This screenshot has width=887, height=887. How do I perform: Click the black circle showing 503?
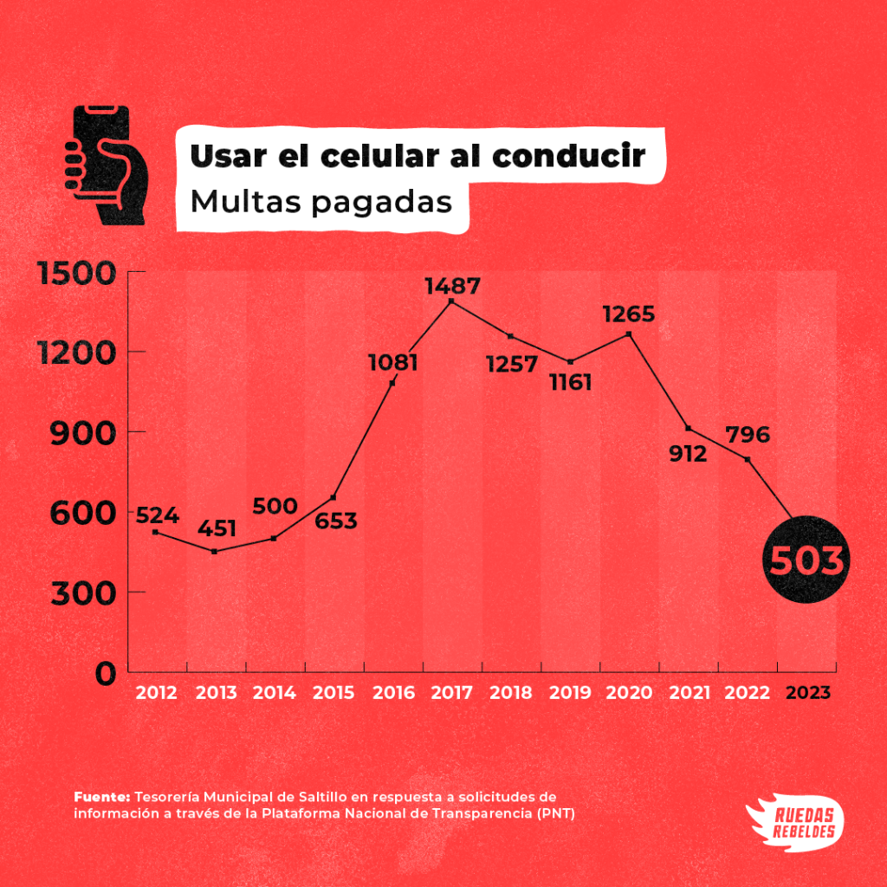click(806, 560)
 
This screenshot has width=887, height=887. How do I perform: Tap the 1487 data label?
click(451, 286)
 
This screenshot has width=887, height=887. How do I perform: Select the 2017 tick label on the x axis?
click(451, 694)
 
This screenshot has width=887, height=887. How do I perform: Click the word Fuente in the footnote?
click(101, 796)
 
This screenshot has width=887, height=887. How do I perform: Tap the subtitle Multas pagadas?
click(321, 202)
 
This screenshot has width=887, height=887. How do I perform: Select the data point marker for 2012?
click(155, 531)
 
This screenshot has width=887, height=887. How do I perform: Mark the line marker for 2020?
click(629, 334)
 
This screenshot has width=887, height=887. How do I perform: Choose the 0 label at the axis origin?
click(105, 673)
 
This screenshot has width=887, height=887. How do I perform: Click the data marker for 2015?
click(333, 497)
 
